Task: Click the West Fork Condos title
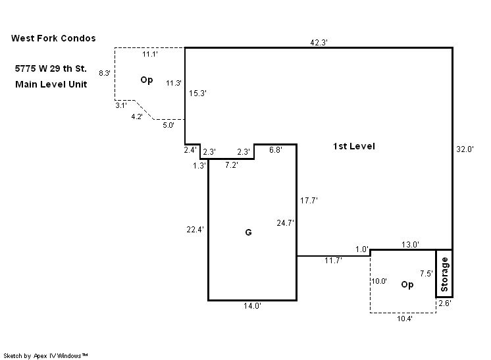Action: (x=53, y=38)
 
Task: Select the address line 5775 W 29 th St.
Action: (x=50, y=68)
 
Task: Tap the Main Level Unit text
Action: (x=51, y=84)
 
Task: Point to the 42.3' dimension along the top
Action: (x=319, y=41)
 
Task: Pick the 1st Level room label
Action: (x=354, y=146)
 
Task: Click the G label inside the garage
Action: (x=248, y=232)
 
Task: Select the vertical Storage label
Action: (x=444, y=274)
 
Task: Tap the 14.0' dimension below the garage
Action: (x=253, y=307)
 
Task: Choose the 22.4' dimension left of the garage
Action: (x=195, y=230)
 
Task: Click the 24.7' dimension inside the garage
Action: (x=285, y=223)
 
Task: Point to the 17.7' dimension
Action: (x=309, y=201)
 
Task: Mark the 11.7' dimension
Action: (x=333, y=261)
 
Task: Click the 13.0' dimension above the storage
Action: (x=410, y=245)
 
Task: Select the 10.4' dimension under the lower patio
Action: (x=405, y=319)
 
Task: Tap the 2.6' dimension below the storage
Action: (x=445, y=303)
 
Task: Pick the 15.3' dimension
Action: (x=198, y=93)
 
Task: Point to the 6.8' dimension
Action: (x=276, y=150)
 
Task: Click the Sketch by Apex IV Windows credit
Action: (x=46, y=355)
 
